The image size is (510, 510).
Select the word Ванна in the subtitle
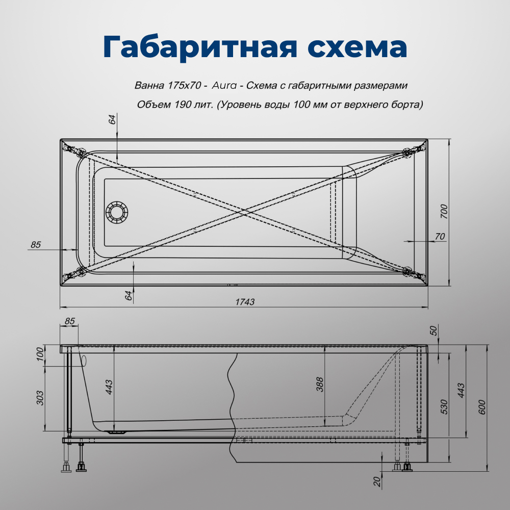pos(146,85)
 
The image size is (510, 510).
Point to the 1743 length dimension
pos(245,302)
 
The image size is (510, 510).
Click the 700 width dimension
pos(444,211)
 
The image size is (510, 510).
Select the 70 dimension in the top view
pos(440,236)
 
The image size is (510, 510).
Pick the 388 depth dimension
pos(320,384)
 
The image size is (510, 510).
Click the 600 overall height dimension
pos(482,406)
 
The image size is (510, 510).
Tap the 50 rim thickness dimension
pos(434,331)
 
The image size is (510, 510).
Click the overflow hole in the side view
pos(84,361)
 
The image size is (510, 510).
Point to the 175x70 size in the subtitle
pos(182,85)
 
